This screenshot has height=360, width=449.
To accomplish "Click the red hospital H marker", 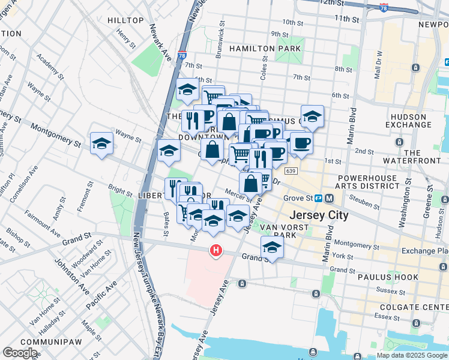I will pyautogui.click(x=214, y=250).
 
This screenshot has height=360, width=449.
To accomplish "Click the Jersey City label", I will pyautogui.click(x=319, y=215).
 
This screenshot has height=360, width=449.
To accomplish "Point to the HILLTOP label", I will pyautogui.click(x=126, y=20).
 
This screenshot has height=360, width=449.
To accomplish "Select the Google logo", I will pyautogui.click(x=20, y=353).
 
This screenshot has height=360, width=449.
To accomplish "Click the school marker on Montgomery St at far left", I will pyautogui.click(x=102, y=143).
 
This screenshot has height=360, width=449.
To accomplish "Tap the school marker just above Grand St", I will pyautogui.click(x=272, y=247).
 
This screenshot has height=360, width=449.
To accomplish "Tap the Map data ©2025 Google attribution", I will pyautogui.click(x=411, y=355).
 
